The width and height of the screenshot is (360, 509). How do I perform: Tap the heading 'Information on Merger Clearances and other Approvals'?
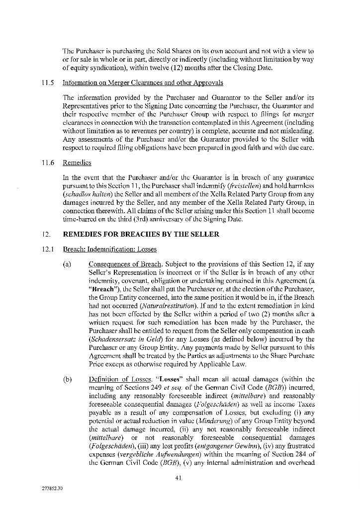(x=142, y=83)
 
